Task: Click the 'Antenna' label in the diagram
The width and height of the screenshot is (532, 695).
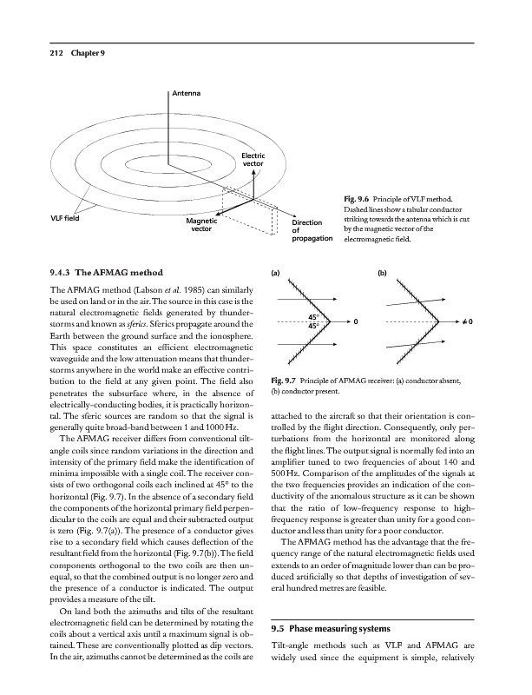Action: click(186, 93)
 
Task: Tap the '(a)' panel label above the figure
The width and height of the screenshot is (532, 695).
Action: click(277, 272)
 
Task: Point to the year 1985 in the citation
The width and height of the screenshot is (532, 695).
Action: click(183, 288)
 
